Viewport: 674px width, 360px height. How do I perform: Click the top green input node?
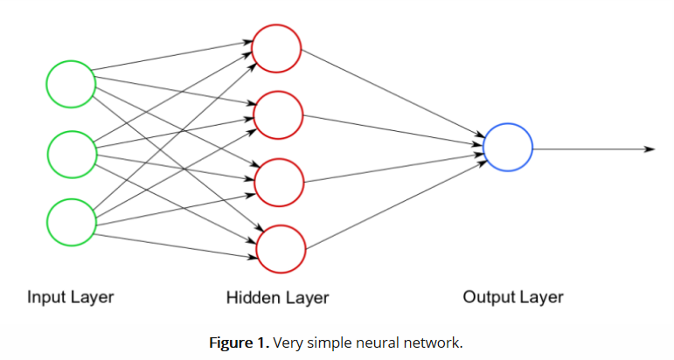coord(71,84)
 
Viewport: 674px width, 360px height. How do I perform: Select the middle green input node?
coord(71,153)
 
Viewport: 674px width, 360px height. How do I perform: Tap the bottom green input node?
coord(71,222)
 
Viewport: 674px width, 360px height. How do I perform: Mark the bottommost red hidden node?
coord(281,249)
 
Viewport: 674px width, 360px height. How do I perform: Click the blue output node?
coord(508,147)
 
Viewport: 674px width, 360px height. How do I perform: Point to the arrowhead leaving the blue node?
coord(650,149)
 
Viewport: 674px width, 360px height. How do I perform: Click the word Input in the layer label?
coord(45,298)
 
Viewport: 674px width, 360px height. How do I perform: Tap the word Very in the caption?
coord(289,343)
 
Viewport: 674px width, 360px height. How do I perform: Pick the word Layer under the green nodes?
coord(92,298)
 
